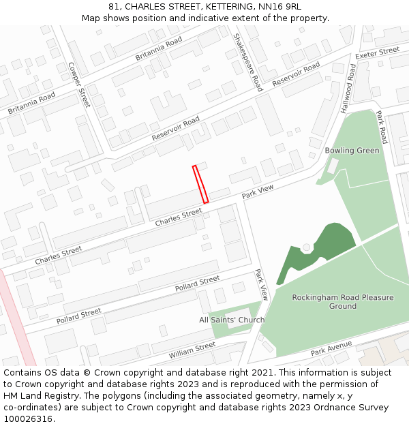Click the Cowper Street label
pos(79,85)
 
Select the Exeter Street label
pos(377,52)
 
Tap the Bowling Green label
pos(352,151)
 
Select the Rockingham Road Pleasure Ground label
pos(342,302)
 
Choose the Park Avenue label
pos(331,349)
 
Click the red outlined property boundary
pos(200,184)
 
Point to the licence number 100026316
pos(28,419)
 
